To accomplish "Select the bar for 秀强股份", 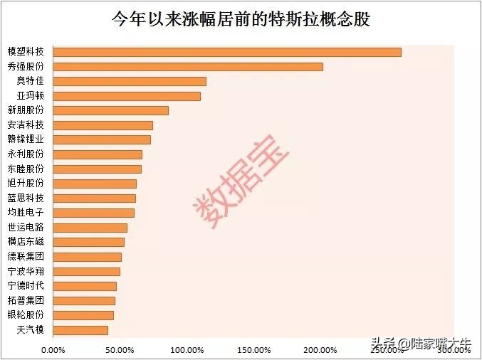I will pos(189,67).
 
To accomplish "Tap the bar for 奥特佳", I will pos(130,81).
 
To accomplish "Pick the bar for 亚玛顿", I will pos(127,96).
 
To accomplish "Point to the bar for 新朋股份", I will pos(112,110).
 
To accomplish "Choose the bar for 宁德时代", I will pos(85,286).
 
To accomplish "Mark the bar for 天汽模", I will pos(81,330).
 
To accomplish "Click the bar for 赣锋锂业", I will pos(103,139).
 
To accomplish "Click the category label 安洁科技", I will pos(26,125).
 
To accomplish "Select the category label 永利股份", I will pos(26,154).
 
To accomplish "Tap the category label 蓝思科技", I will pos(26,198).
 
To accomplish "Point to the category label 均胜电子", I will pos(26,213).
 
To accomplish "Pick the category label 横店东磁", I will pos(26,242).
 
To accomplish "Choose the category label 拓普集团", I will pos(26,300).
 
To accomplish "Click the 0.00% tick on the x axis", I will pos(53,349).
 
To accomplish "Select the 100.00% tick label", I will pos(187,349).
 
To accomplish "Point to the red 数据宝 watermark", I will pos(242,181).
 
